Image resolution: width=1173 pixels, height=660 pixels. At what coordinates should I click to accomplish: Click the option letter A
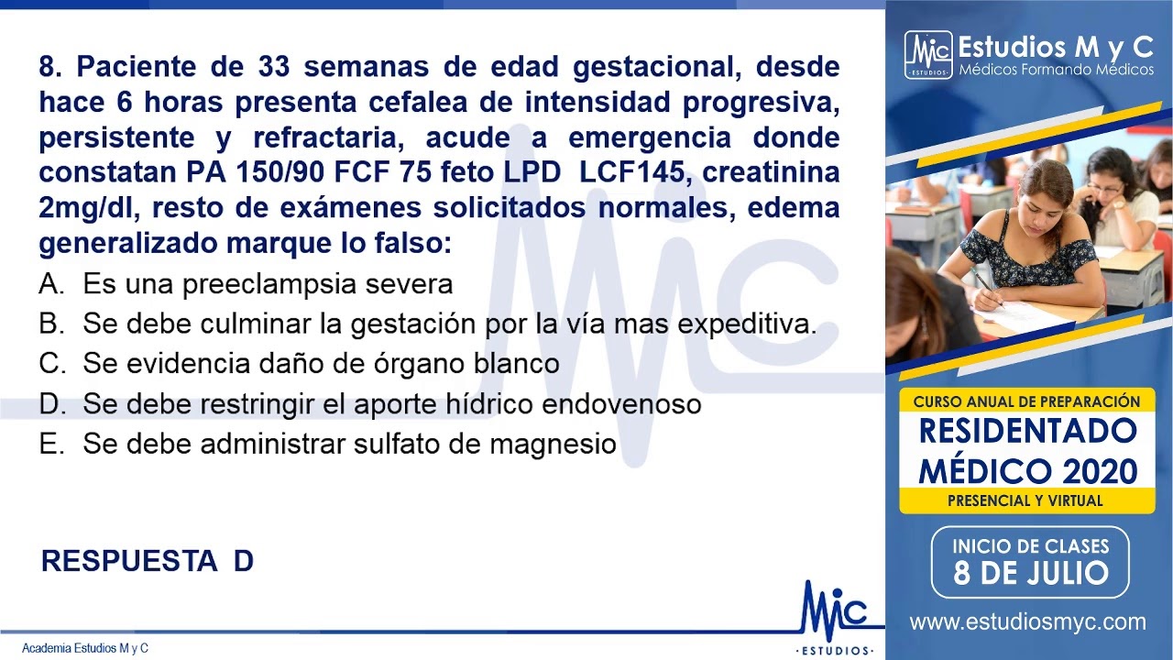coord(49,284)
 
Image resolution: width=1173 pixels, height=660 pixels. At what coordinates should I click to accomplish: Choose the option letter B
coord(49,324)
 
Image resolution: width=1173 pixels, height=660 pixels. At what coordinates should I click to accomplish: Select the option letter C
coord(49,364)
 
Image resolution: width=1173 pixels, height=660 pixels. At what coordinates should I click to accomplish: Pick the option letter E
coord(49,445)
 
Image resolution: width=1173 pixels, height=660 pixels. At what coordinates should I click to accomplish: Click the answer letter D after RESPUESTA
coord(243,561)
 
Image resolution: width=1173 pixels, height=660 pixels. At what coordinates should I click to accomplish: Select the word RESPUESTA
coord(129,561)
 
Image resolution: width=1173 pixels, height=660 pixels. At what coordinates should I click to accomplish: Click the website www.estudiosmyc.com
coord(1028,622)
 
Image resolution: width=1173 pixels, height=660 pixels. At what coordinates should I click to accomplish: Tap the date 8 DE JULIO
coord(1031,574)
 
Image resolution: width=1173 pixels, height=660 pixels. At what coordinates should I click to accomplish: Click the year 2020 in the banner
coord(1100,471)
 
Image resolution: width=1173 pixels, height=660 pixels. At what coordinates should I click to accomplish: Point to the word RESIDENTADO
coord(1027,430)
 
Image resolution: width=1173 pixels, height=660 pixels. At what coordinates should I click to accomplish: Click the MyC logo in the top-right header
coord(927,55)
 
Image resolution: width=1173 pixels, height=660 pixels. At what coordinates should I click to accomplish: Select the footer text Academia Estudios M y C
coord(85,648)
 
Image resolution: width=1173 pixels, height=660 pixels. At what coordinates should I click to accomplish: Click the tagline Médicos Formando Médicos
coord(1056,70)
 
